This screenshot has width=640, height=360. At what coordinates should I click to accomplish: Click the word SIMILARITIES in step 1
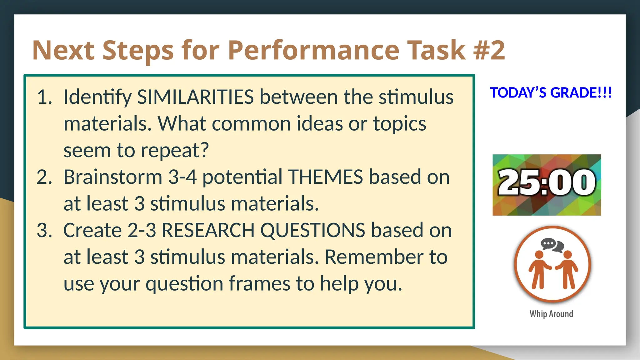click(195, 97)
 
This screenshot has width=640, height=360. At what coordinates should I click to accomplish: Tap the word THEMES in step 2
click(325, 177)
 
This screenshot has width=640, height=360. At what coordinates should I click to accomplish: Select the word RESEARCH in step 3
click(208, 231)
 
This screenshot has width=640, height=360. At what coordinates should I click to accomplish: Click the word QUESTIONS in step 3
click(312, 231)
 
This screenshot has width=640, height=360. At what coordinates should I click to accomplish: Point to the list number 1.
click(44, 97)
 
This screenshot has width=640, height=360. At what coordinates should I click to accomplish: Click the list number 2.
click(44, 177)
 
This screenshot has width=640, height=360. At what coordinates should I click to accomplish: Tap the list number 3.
click(44, 231)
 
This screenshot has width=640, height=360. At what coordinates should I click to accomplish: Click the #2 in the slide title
click(489, 50)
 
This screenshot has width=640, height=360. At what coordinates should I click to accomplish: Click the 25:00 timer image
click(547, 185)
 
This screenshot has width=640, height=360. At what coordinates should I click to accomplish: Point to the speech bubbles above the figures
click(552, 245)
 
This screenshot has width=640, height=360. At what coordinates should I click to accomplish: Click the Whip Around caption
click(551, 314)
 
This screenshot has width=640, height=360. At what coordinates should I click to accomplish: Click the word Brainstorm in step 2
click(112, 177)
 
